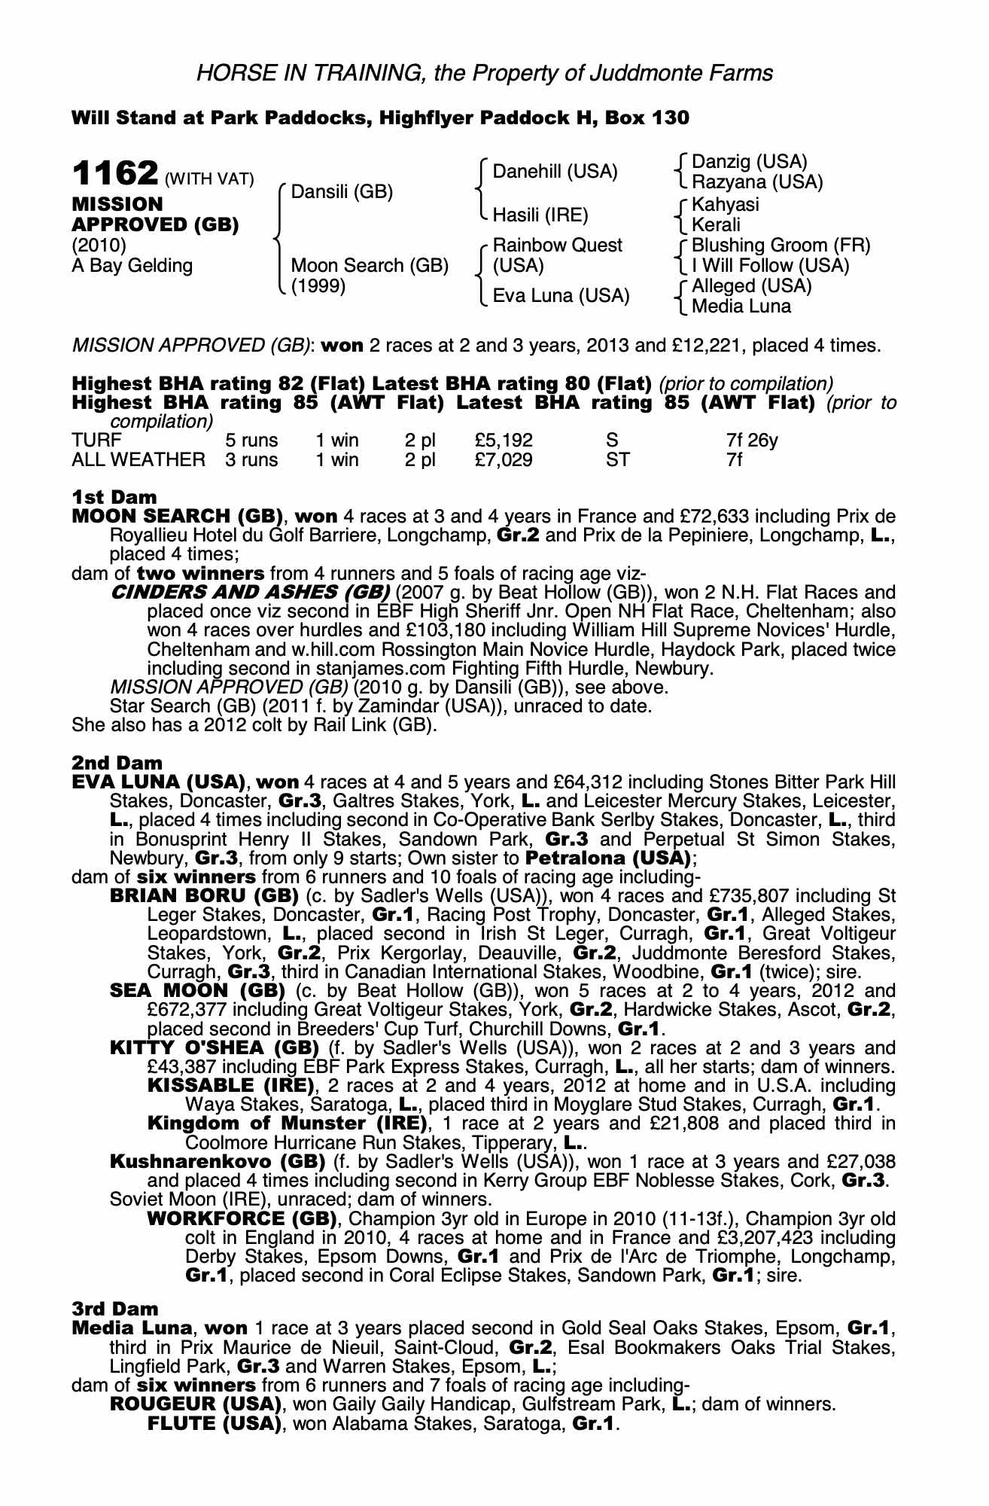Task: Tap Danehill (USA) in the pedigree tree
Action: tap(555, 172)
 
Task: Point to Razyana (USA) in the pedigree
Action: tap(756, 182)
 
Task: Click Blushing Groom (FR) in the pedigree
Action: tap(781, 245)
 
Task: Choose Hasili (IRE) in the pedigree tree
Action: tap(540, 215)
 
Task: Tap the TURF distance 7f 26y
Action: tap(752, 440)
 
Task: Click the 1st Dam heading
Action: tap(114, 497)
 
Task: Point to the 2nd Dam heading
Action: tap(117, 764)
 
